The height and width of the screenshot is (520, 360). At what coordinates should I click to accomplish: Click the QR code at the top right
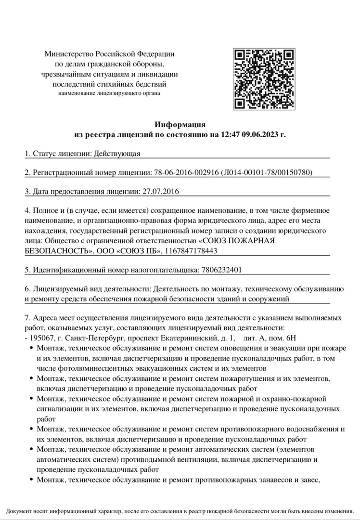[x=264, y=79]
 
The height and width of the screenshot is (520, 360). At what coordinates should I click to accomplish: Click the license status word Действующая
[x=117, y=154]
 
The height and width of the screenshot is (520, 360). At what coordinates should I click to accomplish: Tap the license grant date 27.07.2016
[x=161, y=192]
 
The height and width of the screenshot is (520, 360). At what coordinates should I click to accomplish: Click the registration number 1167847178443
[x=191, y=251]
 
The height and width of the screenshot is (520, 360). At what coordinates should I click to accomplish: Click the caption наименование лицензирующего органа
[x=109, y=93]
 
